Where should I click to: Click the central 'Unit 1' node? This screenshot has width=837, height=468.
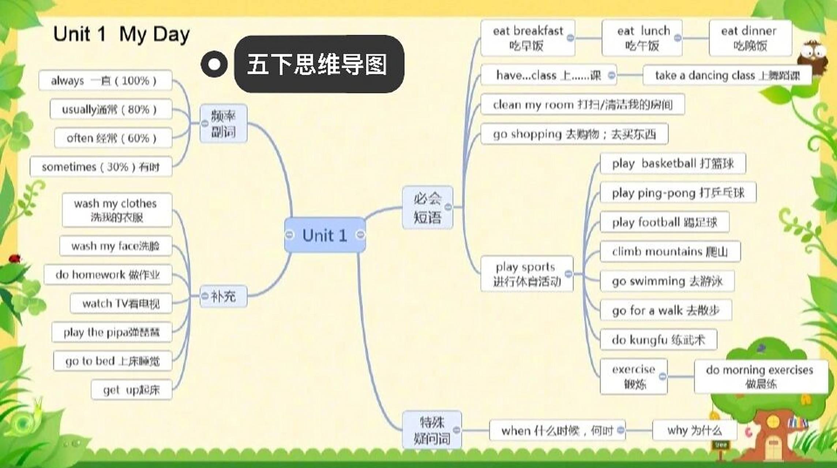pyautogui.click(x=325, y=235)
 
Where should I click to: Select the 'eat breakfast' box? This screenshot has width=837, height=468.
pyautogui.click(x=527, y=38)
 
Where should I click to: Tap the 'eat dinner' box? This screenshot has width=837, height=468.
pyautogui.click(x=750, y=38)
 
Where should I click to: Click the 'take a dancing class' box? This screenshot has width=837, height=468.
pyautogui.click(x=727, y=75)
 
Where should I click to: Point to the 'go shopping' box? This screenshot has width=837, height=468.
pyautogui.click(x=574, y=134)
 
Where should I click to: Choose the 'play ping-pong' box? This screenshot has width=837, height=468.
pyautogui.click(x=678, y=193)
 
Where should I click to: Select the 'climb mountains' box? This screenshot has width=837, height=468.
pyautogui.click(x=670, y=252)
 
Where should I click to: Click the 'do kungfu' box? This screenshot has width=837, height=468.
pyautogui.click(x=658, y=340)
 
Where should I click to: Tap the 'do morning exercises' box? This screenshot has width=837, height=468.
pyautogui.click(x=761, y=377)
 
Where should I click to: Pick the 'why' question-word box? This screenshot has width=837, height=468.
pyautogui.click(x=694, y=430)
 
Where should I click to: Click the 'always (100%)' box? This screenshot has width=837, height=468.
pyautogui.click(x=105, y=80)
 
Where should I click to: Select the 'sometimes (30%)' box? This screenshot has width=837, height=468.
pyautogui.click(x=101, y=167)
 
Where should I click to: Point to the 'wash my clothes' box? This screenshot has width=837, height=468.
pyautogui.click(x=116, y=210)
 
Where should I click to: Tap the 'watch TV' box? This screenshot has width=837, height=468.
pyautogui.click(x=121, y=303)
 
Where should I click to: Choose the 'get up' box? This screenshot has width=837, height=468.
pyautogui.click(x=131, y=390)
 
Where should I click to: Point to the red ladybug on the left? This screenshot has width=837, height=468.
pyautogui.click(x=15, y=258)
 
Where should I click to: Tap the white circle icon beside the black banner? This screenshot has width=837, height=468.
pyautogui.click(x=214, y=64)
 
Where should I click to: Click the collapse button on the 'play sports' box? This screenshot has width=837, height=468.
pyautogui.click(x=568, y=273)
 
